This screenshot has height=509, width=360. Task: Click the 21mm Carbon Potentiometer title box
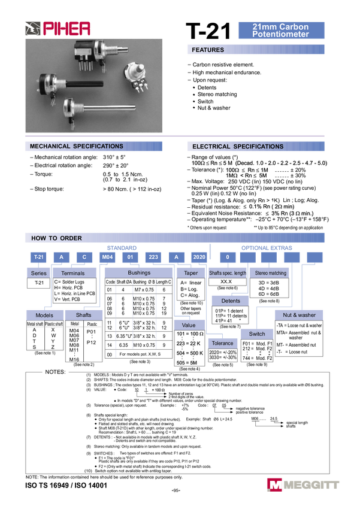[281, 31]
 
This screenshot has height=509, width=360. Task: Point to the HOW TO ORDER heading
[57, 238]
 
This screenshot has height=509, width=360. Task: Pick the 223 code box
[153, 257]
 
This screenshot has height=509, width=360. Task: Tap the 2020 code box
[199, 257]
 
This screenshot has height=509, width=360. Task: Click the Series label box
[39, 273]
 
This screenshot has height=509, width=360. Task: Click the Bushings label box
[138, 273]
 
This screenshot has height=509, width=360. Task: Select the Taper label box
[190, 273]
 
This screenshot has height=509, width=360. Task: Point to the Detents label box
[231, 301]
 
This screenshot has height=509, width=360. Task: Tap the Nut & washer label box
[299, 314]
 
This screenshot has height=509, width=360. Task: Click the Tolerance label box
[222, 343]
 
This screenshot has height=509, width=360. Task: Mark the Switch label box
[256, 333]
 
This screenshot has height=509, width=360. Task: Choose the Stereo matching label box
[270, 273]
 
